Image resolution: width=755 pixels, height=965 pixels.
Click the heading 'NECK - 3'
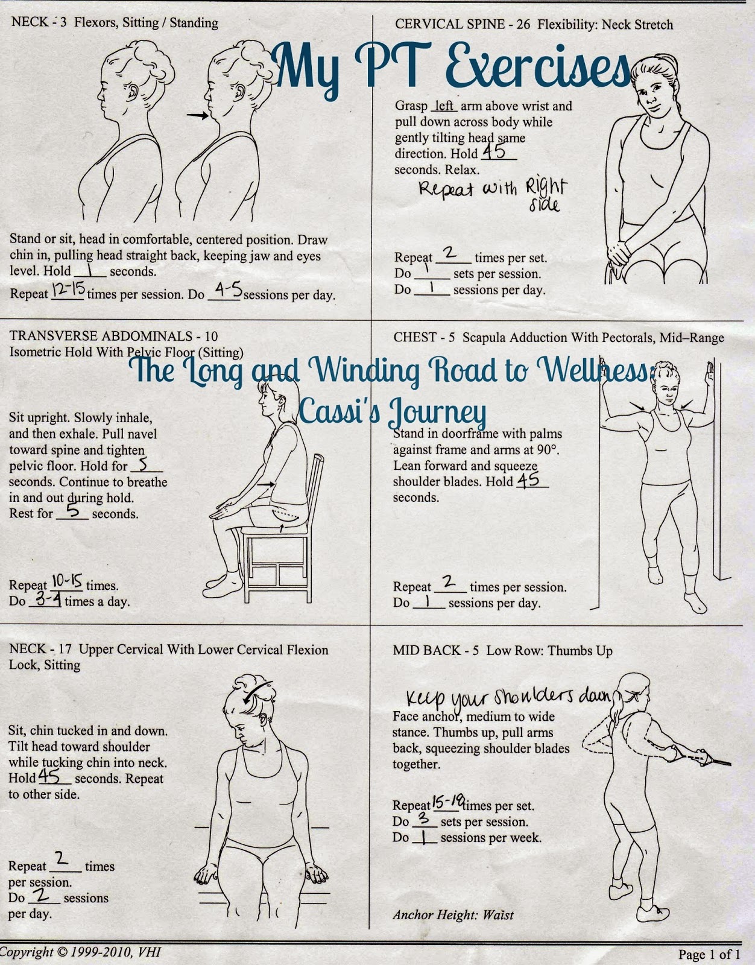39,24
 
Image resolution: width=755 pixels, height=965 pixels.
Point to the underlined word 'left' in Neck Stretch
444,106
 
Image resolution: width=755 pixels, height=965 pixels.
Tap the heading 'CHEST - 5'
424,338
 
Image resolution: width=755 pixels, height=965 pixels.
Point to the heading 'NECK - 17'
40,650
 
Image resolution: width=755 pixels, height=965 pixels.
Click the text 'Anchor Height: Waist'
453,915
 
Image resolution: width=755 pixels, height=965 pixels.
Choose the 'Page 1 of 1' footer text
709,954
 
